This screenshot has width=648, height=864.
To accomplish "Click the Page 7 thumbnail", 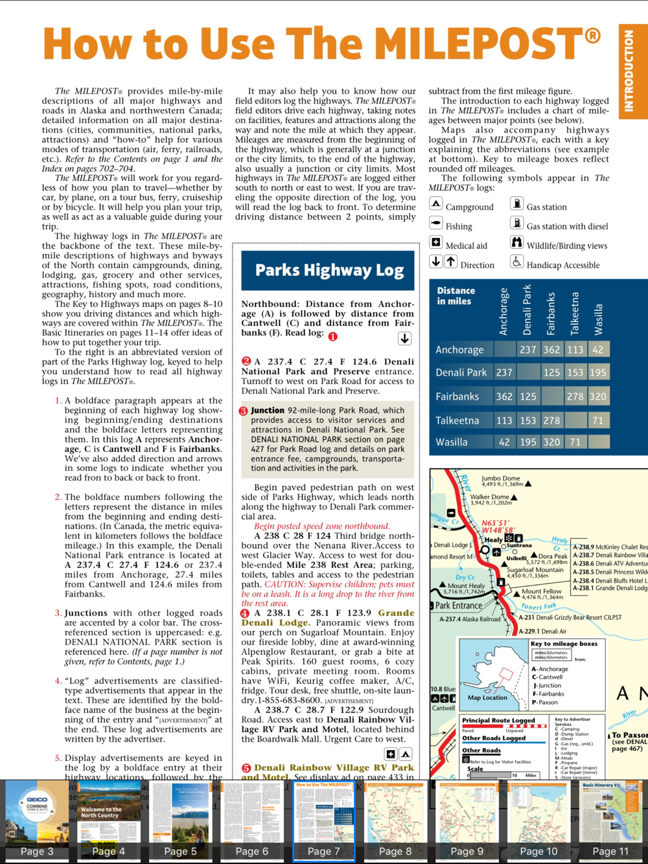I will [x=324, y=821].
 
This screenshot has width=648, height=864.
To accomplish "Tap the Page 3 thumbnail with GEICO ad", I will [x=37, y=821].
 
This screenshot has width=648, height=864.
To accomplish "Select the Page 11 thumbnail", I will [x=610, y=821].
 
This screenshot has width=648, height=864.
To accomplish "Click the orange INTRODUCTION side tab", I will [x=628, y=71].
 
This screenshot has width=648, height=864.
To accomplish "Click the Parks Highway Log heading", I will [x=329, y=270].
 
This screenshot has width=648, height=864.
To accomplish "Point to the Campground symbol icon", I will [x=436, y=204].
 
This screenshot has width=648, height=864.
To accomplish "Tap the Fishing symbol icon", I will [x=436, y=223].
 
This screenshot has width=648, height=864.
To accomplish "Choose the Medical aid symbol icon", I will [x=436, y=243].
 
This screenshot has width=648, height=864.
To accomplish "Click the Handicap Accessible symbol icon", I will [x=516, y=262].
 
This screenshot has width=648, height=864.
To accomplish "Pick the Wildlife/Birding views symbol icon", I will [x=516, y=242].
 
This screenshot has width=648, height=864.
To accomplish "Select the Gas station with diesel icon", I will [x=516, y=223].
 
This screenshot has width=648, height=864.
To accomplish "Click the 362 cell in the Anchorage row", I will [x=551, y=350].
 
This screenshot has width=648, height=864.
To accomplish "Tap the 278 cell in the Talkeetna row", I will [x=551, y=420].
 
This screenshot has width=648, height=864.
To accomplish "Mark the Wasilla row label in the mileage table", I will [x=452, y=442].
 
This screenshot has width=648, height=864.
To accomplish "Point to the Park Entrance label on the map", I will [x=459, y=606].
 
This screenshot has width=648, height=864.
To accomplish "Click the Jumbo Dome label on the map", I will [x=501, y=480].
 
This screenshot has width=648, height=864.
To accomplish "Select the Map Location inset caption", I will [x=487, y=698].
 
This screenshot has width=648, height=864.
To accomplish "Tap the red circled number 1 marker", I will [x=333, y=337].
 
